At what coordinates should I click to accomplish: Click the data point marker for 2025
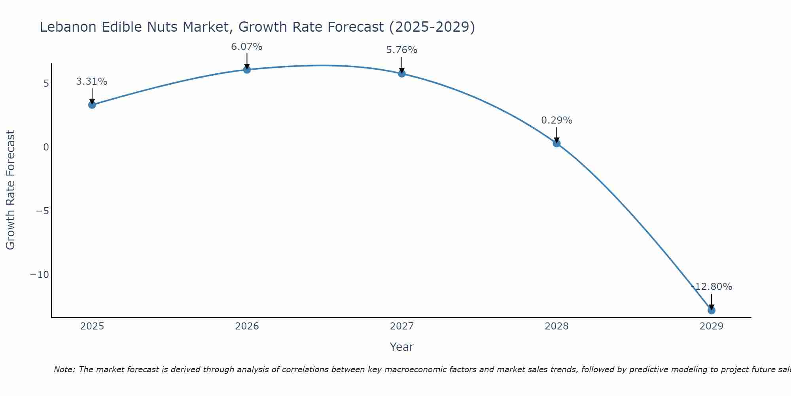click(x=92, y=105)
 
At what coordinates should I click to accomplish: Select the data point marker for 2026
click(x=247, y=70)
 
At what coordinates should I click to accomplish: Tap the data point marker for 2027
click(x=402, y=74)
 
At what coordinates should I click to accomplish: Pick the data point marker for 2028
click(x=556, y=143)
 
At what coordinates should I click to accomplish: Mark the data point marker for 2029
click(x=712, y=310)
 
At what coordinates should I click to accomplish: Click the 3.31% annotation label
click(x=92, y=82)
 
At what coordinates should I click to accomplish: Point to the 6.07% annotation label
click(x=247, y=47)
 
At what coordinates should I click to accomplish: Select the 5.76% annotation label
click(x=402, y=50)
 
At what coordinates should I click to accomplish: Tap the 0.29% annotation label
click(x=556, y=120)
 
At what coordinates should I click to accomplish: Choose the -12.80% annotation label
click(x=712, y=287)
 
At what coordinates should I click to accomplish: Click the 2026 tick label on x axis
click(x=247, y=326)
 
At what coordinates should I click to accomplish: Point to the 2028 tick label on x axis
click(x=556, y=326)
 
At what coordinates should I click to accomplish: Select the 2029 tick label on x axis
click(x=712, y=326)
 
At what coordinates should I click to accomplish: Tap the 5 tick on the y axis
click(x=46, y=84)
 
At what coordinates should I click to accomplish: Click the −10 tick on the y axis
click(x=40, y=275)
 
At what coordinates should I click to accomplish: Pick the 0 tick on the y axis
click(x=46, y=147)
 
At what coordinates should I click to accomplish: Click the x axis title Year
click(x=402, y=347)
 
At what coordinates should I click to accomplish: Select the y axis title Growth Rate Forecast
click(x=11, y=190)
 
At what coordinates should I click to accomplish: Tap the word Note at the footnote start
click(x=64, y=369)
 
